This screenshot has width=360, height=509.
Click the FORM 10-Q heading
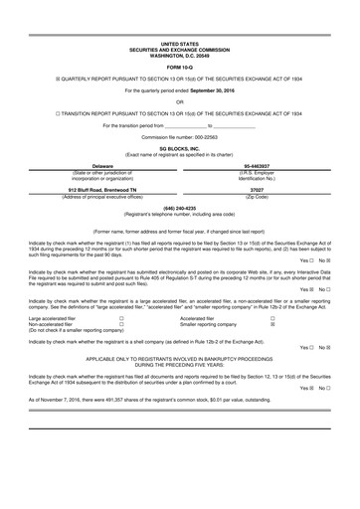coord(179,68)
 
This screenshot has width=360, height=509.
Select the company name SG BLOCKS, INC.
coord(179,145)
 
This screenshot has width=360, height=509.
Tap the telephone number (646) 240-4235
coord(179,208)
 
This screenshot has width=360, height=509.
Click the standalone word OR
coord(179,101)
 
